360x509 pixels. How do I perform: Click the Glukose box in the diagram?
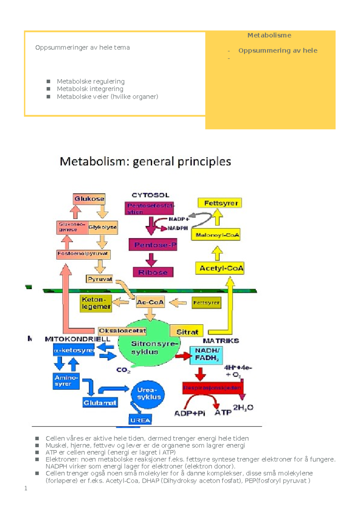click(89, 199)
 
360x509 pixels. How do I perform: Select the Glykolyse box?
click(102, 227)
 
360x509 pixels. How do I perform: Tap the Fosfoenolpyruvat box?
click(83, 254)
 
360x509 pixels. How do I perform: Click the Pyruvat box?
click(100, 279)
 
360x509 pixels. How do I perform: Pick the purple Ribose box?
click(153, 272)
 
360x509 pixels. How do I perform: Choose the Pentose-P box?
click(153, 245)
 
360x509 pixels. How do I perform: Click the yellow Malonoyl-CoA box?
click(216, 235)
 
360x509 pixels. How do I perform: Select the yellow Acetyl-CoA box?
click(220, 268)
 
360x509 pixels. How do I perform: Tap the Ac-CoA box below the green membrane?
click(150, 302)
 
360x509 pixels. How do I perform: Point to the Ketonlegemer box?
click(96, 303)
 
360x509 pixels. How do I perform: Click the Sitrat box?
click(187, 331)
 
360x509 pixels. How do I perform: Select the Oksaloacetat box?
click(122, 331)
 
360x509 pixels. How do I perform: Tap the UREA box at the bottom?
click(140, 420)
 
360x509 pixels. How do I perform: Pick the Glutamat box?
click(100, 403)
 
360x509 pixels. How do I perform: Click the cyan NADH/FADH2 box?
click(206, 355)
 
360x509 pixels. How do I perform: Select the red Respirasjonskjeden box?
click(212, 388)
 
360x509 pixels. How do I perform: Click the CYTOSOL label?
click(150, 195)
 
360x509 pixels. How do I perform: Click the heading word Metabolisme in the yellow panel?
click(269, 35)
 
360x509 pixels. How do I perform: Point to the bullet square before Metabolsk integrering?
click(48, 89)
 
